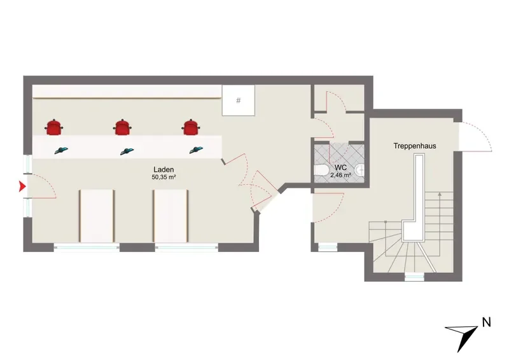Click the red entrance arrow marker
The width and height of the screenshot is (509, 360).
point(22,186)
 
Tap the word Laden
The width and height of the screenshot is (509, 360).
point(164,169)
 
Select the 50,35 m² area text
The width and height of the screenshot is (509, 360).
point(164,177)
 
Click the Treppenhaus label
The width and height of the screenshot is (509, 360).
point(415,146)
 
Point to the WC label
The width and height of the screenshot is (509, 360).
point(340,168)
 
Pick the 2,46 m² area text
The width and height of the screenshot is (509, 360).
point(340,176)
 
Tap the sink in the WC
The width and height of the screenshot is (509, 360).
point(359,170)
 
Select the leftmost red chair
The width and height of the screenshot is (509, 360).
point(53,127)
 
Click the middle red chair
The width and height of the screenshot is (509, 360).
point(122,127)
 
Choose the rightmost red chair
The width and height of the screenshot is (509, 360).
point(192,127)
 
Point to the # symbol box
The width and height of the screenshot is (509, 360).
point(238,100)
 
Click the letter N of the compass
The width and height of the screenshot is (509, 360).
point(486,322)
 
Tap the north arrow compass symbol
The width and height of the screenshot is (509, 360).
point(465,335)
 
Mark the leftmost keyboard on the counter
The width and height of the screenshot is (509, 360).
point(61,150)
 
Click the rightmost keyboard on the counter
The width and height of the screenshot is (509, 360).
point(196,150)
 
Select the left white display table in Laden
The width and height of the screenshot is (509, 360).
point(97,216)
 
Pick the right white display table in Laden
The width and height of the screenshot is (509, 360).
point(171,216)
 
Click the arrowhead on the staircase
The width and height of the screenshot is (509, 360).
point(440,194)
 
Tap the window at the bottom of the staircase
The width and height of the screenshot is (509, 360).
point(415,277)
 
